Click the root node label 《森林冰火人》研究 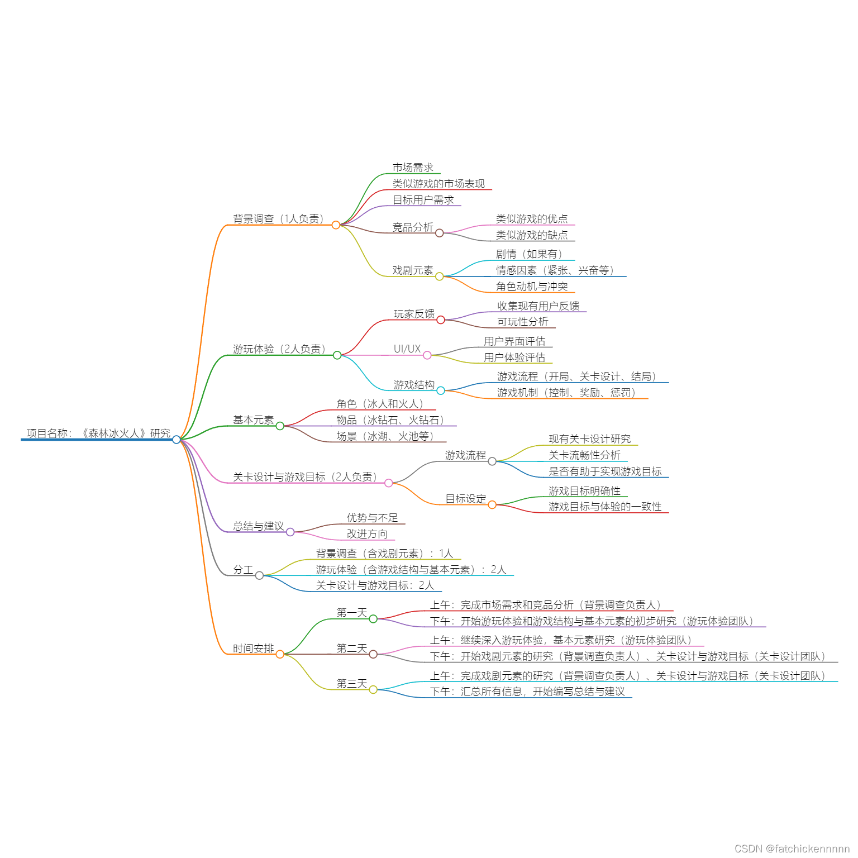[x=98, y=433]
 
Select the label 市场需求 [x=413, y=168]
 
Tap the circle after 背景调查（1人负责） [x=336, y=225]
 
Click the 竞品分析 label [x=413, y=227]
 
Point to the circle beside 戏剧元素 [x=440, y=277]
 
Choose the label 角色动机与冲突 [x=532, y=287]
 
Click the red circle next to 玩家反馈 [x=441, y=320]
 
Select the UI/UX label [x=407, y=349]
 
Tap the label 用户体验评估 [x=514, y=357]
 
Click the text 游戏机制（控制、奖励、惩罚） [x=566, y=393]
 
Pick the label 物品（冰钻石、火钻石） [x=390, y=420]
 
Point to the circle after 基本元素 [x=280, y=426]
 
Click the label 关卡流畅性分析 [x=584, y=455]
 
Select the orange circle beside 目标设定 [x=492, y=505]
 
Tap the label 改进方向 [x=367, y=534]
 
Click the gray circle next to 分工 [x=259, y=575]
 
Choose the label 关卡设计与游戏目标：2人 [x=375, y=585]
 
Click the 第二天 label [x=351, y=649]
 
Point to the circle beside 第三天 [x=373, y=690]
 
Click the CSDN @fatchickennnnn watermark [x=792, y=849]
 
